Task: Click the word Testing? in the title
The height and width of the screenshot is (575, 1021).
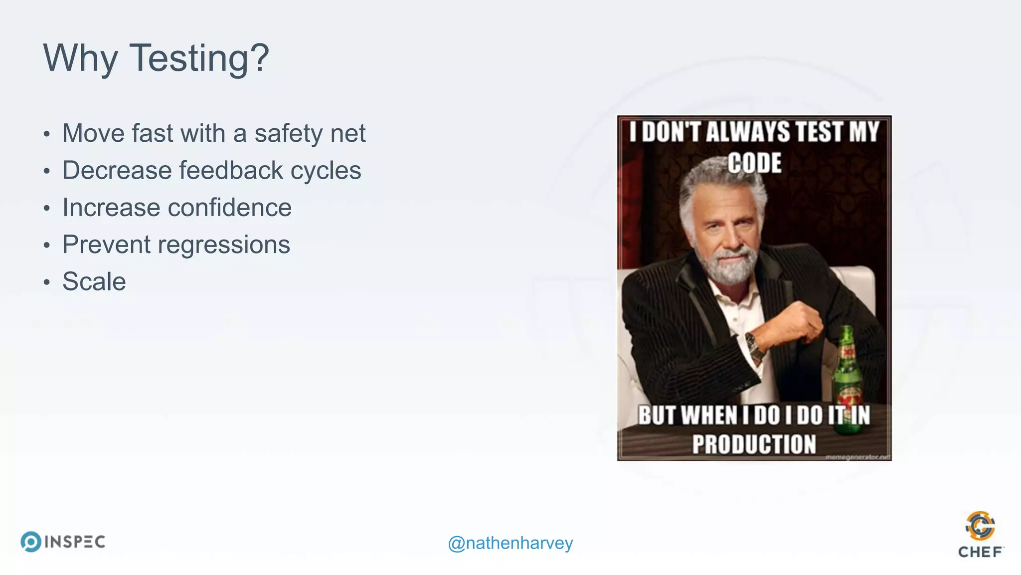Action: click(x=199, y=58)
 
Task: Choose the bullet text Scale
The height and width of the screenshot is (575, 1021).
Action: click(x=94, y=282)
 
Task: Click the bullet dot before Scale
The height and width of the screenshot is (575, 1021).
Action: click(x=47, y=283)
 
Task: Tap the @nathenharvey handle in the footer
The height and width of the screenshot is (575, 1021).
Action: click(x=510, y=543)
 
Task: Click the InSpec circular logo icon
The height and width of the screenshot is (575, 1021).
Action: click(x=31, y=542)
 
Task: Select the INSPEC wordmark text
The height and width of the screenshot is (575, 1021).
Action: click(x=75, y=542)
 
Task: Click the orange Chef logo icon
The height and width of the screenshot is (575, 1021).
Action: click(x=980, y=526)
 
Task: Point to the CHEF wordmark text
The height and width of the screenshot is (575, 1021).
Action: click(x=980, y=552)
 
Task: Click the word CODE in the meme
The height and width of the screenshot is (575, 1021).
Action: click(x=754, y=163)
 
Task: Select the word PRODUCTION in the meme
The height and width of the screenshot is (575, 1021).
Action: click(x=754, y=444)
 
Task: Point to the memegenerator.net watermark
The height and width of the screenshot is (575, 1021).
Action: click(x=857, y=457)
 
